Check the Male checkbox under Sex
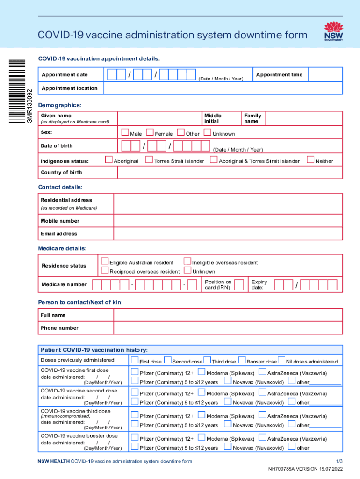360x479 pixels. (125, 133)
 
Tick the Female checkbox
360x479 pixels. (150, 133)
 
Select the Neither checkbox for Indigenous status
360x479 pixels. (310, 160)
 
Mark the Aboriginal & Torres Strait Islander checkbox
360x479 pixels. (214, 160)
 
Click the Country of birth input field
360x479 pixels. (230, 172)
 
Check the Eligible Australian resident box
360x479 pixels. (105, 261)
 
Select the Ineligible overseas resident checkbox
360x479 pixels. (187, 261)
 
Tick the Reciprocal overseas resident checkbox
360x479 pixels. (105, 270)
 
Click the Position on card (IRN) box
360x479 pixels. (239, 284)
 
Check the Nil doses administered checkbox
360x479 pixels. (281, 360)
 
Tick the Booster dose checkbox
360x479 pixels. (242, 360)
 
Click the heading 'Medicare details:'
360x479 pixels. (62, 248)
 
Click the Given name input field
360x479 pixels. (159, 118)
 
